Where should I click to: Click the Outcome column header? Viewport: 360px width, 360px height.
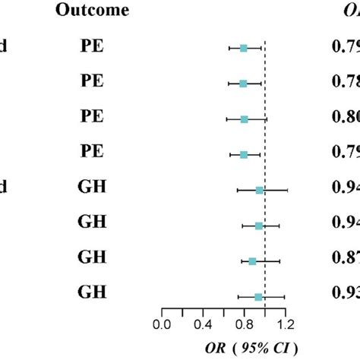point(96,11)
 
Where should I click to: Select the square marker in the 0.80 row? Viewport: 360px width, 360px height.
point(245,119)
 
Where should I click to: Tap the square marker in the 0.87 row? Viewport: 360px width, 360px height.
point(252,261)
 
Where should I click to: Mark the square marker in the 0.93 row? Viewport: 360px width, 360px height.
point(258,297)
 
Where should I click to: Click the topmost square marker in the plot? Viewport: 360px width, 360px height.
point(244,48)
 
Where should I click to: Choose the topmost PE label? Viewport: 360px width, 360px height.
point(92,47)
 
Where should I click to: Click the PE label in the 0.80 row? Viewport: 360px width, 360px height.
point(92,118)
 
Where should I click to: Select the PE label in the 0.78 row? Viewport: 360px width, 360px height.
point(92,83)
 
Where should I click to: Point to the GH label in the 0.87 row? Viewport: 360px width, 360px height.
point(92,261)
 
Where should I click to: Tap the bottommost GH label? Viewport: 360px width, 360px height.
point(92,296)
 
